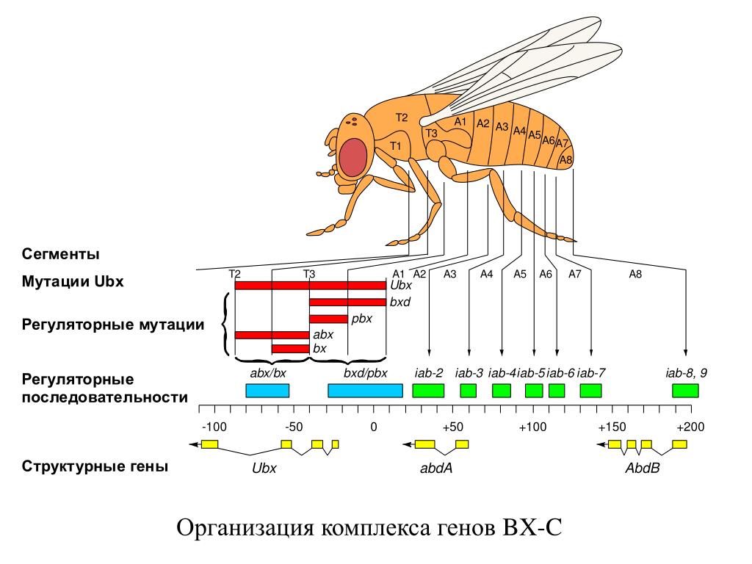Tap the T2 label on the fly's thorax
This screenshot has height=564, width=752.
click(x=401, y=117)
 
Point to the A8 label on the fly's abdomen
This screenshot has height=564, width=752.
click(x=565, y=159)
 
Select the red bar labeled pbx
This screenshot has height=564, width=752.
click(x=328, y=319)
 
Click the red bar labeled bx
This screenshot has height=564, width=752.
click(x=290, y=349)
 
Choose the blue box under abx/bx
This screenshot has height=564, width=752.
click(x=267, y=391)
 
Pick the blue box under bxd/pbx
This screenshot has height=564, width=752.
click(x=365, y=391)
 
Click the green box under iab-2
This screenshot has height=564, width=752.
click(x=428, y=391)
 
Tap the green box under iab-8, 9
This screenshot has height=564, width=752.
click(x=685, y=391)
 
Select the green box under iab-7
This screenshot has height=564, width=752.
click(x=590, y=391)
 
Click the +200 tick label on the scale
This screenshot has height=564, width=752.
click(x=690, y=427)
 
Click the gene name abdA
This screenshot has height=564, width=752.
click(x=435, y=467)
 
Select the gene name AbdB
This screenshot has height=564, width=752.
click(x=642, y=467)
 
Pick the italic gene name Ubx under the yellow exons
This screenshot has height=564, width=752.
click(x=264, y=467)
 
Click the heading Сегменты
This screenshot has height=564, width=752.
click(x=60, y=255)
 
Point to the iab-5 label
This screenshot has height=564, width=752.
click(x=532, y=373)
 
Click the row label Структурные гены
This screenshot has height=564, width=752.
click(x=95, y=466)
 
